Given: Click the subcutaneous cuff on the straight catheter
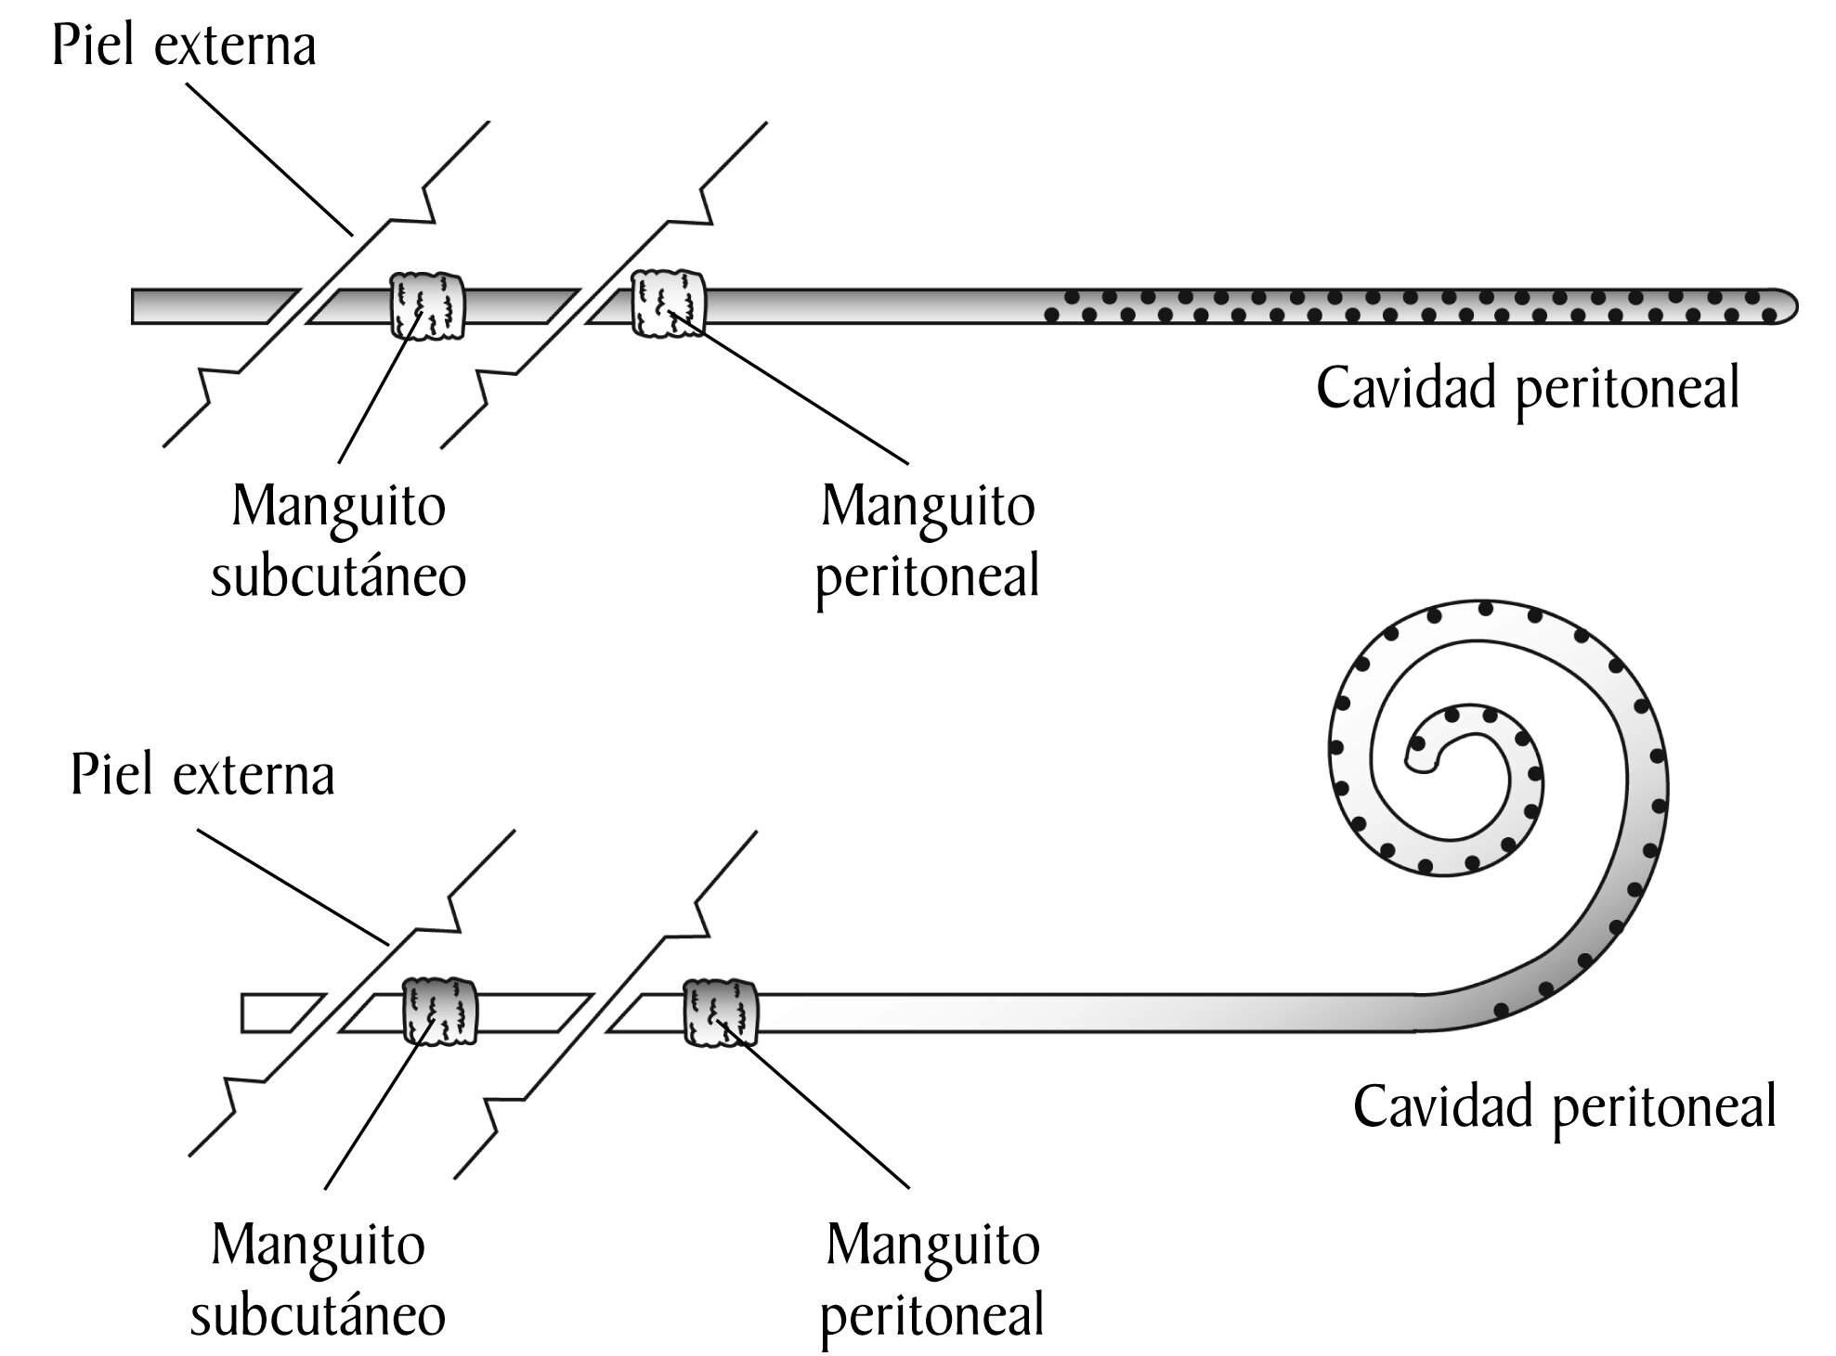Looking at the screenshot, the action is click(x=426, y=305).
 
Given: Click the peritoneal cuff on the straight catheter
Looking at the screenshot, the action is click(x=668, y=303).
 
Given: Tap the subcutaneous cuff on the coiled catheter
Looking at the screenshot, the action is click(x=440, y=1010).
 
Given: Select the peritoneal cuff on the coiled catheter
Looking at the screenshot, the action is click(x=721, y=1012).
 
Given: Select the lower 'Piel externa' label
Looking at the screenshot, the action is click(x=202, y=775).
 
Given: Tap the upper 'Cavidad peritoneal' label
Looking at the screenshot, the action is click(x=1528, y=389).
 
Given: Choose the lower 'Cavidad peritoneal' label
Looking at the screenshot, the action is click(x=1565, y=1107).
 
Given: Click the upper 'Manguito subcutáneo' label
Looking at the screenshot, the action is click(x=338, y=541).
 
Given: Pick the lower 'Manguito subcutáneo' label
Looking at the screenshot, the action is click(x=318, y=1279).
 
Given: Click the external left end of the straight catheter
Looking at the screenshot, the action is click(x=134, y=306).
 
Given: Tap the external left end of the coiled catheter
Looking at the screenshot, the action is click(x=243, y=1013).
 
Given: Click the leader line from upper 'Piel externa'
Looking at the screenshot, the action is click(x=270, y=160).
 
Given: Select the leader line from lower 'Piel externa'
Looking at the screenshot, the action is click(x=293, y=887).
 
